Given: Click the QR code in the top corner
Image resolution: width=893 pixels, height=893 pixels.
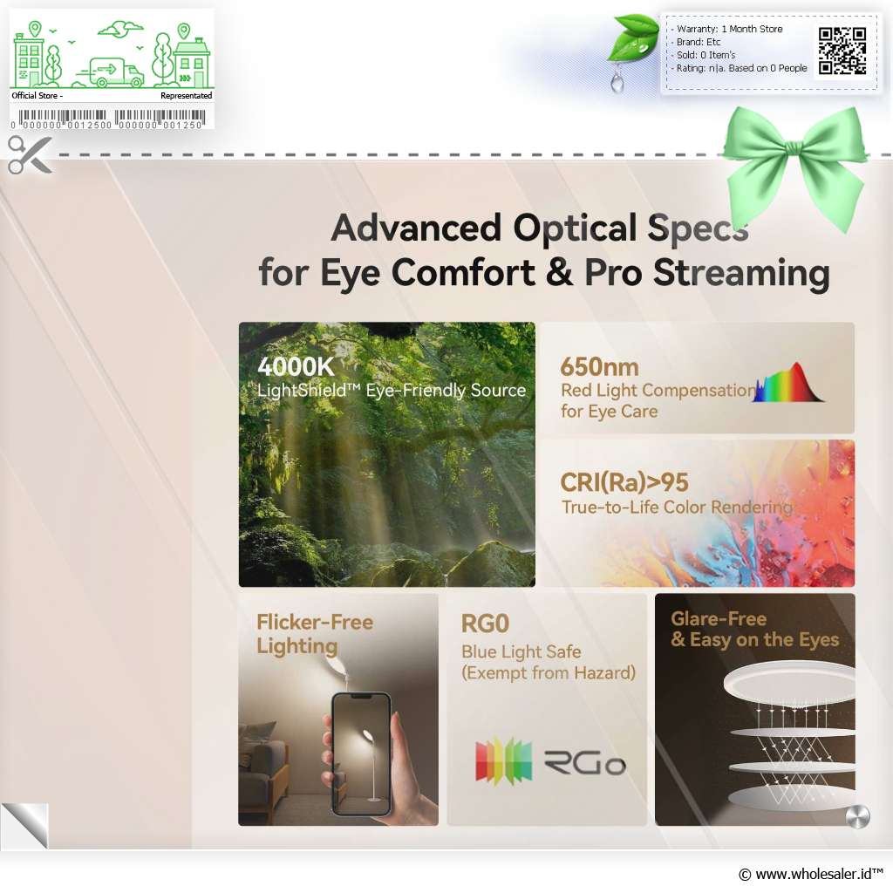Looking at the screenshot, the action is [x=842, y=51].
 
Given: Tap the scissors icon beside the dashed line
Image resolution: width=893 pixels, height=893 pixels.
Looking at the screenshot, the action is [x=30, y=154].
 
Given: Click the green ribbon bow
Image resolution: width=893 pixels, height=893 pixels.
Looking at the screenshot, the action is [x=795, y=165].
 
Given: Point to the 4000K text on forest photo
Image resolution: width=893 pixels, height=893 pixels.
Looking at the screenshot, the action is [x=296, y=366].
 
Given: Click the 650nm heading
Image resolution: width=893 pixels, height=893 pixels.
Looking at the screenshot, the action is [x=599, y=367].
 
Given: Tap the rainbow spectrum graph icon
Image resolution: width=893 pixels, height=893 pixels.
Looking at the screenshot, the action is [x=788, y=383].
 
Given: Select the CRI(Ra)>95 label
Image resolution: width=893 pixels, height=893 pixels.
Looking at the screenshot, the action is [x=624, y=482].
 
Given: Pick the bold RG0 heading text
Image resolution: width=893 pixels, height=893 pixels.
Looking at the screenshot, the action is [x=485, y=624].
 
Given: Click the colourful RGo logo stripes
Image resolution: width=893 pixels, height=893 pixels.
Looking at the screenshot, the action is [x=503, y=761].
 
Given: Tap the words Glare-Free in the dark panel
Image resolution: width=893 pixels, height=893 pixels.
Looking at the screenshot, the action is [x=719, y=618].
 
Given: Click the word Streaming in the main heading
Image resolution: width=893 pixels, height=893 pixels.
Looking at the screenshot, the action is [x=741, y=273].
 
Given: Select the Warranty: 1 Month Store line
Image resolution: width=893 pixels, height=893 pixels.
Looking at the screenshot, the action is [x=730, y=29].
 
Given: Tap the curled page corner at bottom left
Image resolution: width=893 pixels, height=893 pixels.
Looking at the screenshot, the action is [x=25, y=825].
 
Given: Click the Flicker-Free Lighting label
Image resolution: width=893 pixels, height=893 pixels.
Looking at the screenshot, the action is [x=315, y=634].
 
